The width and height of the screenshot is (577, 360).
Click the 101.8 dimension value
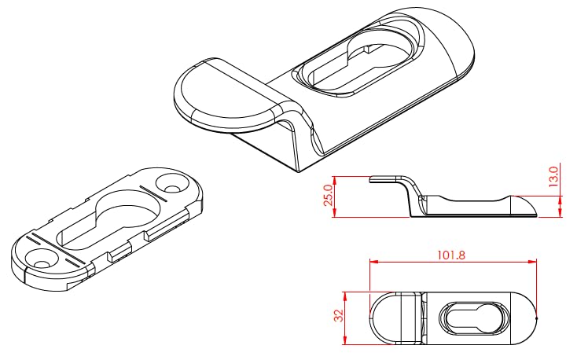tap(451, 255)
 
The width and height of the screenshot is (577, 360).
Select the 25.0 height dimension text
tap(329, 195)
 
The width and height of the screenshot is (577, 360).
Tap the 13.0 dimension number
tap(553, 176)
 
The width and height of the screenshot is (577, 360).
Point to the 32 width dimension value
tap(339, 315)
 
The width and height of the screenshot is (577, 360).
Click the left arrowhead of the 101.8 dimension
tap(374, 262)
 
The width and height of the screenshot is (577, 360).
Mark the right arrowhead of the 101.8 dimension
tap(532, 262)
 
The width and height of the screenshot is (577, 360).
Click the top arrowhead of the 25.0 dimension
tap(335, 181)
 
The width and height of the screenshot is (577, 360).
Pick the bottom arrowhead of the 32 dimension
tap(345, 340)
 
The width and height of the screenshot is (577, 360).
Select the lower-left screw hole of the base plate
tap(40, 259)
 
